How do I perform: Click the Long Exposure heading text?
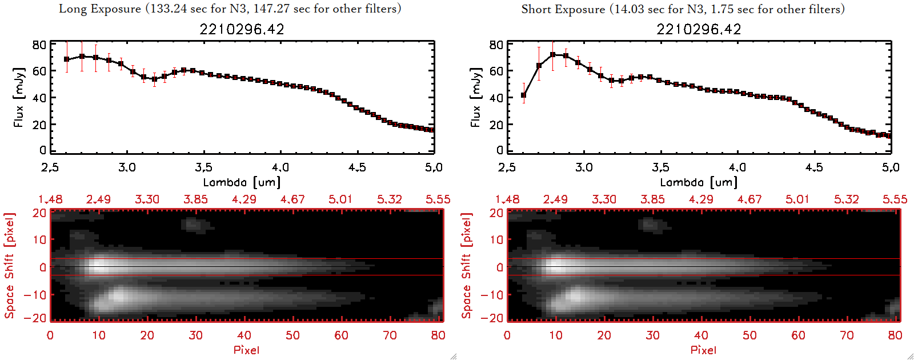[x=230, y=9]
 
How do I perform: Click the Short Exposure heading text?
[x=683, y=9]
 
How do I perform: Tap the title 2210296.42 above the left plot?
[x=242, y=29]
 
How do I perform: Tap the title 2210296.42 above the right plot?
[x=699, y=29]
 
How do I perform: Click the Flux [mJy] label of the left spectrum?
[x=19, y=97]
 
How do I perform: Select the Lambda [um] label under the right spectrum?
[x=699, y=182]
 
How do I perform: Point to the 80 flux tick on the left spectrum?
[x=39, y=45]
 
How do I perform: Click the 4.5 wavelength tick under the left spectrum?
[x=357, y=167]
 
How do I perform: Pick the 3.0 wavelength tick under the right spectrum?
[x=584, y=167]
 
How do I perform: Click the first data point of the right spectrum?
[x=523, y=95]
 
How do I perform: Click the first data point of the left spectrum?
[x=67, y=59]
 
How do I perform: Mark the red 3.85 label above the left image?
[x=195, y=199]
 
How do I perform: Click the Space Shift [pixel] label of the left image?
[x=10, y=266]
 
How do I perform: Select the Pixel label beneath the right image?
[x=703, y=350]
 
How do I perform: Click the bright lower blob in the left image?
[x=119, y=296]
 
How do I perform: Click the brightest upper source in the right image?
[x=555, y=266]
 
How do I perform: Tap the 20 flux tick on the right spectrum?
[x=496, y=125]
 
